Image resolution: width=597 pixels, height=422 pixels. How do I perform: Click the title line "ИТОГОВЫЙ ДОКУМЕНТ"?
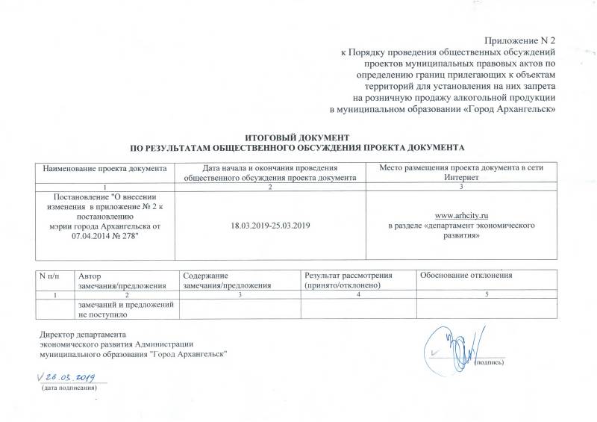click(x=298, y=138)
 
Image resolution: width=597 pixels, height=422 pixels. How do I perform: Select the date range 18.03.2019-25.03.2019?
click(x=271, y=225)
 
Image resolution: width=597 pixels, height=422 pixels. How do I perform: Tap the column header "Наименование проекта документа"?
click(x=104, y=168)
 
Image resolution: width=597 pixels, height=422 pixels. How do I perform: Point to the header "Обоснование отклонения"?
click(x=466, y=276)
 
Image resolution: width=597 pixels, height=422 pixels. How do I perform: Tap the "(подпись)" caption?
click(x=489, y=363)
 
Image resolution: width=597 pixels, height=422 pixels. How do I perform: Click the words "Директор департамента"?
click(x=83, y=334)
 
